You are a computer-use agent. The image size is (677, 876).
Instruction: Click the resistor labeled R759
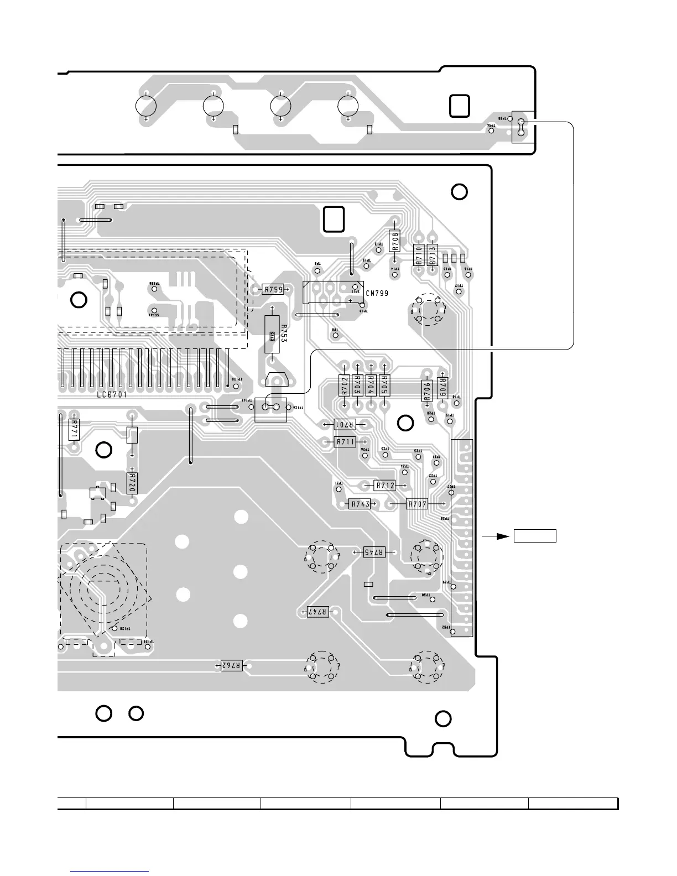click(x=273, y=289)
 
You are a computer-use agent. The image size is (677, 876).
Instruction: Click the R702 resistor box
click(x=344, y=385)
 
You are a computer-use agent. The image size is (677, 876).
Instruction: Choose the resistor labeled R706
click(x=426, y=392)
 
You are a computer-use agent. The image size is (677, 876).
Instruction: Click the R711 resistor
click(x=345, y=442)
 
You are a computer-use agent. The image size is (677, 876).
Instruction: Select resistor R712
click(x=386, y=486)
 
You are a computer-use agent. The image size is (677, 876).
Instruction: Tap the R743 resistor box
click(x=360, y=504)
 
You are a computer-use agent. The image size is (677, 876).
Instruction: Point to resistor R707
click(x=417, y=504)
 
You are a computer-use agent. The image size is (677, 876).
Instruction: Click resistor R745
click(x=374, y=552)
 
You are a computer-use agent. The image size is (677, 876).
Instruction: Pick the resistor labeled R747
click(x=318, y=611)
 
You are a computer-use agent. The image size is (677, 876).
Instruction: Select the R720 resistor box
click(x=132, y=482)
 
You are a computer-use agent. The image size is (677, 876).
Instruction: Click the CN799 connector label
click(x=377, y=294)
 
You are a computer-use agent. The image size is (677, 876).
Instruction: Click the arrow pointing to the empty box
click(x=494, y=536)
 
